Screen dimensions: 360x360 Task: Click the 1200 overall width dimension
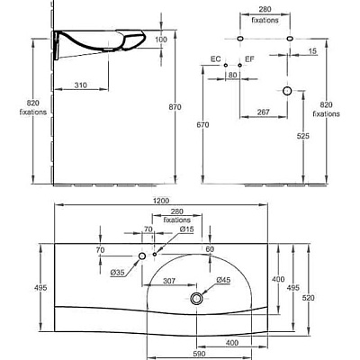[162, 201]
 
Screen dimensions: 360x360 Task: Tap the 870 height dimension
[175, 107]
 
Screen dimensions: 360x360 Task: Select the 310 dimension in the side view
[81, 85]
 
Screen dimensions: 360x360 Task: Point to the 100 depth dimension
[161, 40]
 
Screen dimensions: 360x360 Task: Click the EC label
[215, 59]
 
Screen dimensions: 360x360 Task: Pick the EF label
[249, 59]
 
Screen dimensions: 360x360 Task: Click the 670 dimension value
[203, 125]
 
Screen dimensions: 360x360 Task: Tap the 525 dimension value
[303, 136]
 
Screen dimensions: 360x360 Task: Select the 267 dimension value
[264, 112]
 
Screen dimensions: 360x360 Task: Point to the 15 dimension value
[312, 51]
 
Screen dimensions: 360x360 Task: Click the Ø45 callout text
[223, 280]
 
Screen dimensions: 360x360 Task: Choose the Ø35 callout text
[117, 273]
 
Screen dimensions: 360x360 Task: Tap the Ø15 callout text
[187, 229]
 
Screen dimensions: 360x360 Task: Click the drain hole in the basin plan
[196, 298]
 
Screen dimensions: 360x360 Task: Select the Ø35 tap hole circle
[142, 256]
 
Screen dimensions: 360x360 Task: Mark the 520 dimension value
[309, 298]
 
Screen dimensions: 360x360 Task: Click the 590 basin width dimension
[199, 354]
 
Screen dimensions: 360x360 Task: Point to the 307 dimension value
[169, 281]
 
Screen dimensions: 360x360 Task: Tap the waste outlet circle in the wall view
[287, 91]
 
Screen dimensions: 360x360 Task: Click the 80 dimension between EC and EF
[232, 75]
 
